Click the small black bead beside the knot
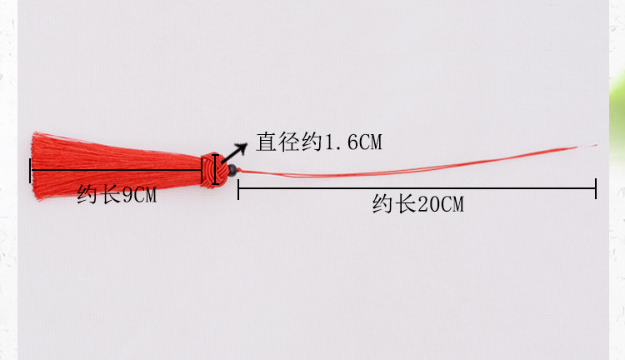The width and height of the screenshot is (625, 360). tap(232, 170)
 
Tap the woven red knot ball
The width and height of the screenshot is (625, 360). tap(213, 170)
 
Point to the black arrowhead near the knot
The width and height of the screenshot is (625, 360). tap(241, 147)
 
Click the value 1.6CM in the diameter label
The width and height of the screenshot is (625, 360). tap(354, 142)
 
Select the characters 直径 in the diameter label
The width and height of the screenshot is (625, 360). tap(277, 142)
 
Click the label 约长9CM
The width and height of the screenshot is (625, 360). tap(117, 194)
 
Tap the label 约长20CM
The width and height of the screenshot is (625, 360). tap(418, 203)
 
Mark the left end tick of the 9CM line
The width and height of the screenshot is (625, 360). tap(30, 171)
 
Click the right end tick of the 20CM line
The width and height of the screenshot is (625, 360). tap(596, 188)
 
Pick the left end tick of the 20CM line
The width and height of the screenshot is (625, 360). tap(238, 189)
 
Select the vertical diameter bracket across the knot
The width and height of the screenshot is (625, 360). tap(216, 170)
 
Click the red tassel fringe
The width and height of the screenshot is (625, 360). tap(116, 166)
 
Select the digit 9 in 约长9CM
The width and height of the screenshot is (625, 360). tap(127, 195)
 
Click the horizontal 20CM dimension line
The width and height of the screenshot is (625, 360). tap(417, 188)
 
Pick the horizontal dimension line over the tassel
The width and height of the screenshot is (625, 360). tap(116, 170)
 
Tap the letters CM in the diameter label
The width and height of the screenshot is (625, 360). tap(371, 142)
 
